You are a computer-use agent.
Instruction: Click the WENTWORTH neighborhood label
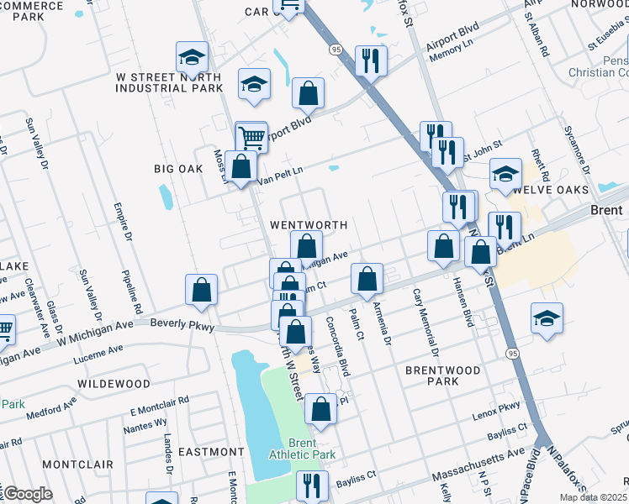click(308, 225)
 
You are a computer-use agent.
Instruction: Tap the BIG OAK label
click(178, 169)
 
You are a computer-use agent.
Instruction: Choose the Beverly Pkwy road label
click(181, 324)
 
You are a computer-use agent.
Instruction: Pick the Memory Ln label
click(446, 52)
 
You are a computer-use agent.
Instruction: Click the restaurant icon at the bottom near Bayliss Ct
click(312, 485)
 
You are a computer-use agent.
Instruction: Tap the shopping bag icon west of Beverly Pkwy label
click(202, 290)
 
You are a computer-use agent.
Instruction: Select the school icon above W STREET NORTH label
click(192, 57)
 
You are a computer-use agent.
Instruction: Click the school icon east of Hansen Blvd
click(547, 318)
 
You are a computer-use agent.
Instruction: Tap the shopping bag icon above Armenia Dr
click(367, 279)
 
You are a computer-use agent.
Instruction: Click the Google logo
click(27, 493)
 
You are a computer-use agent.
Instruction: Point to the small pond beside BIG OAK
click(166, 197)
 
